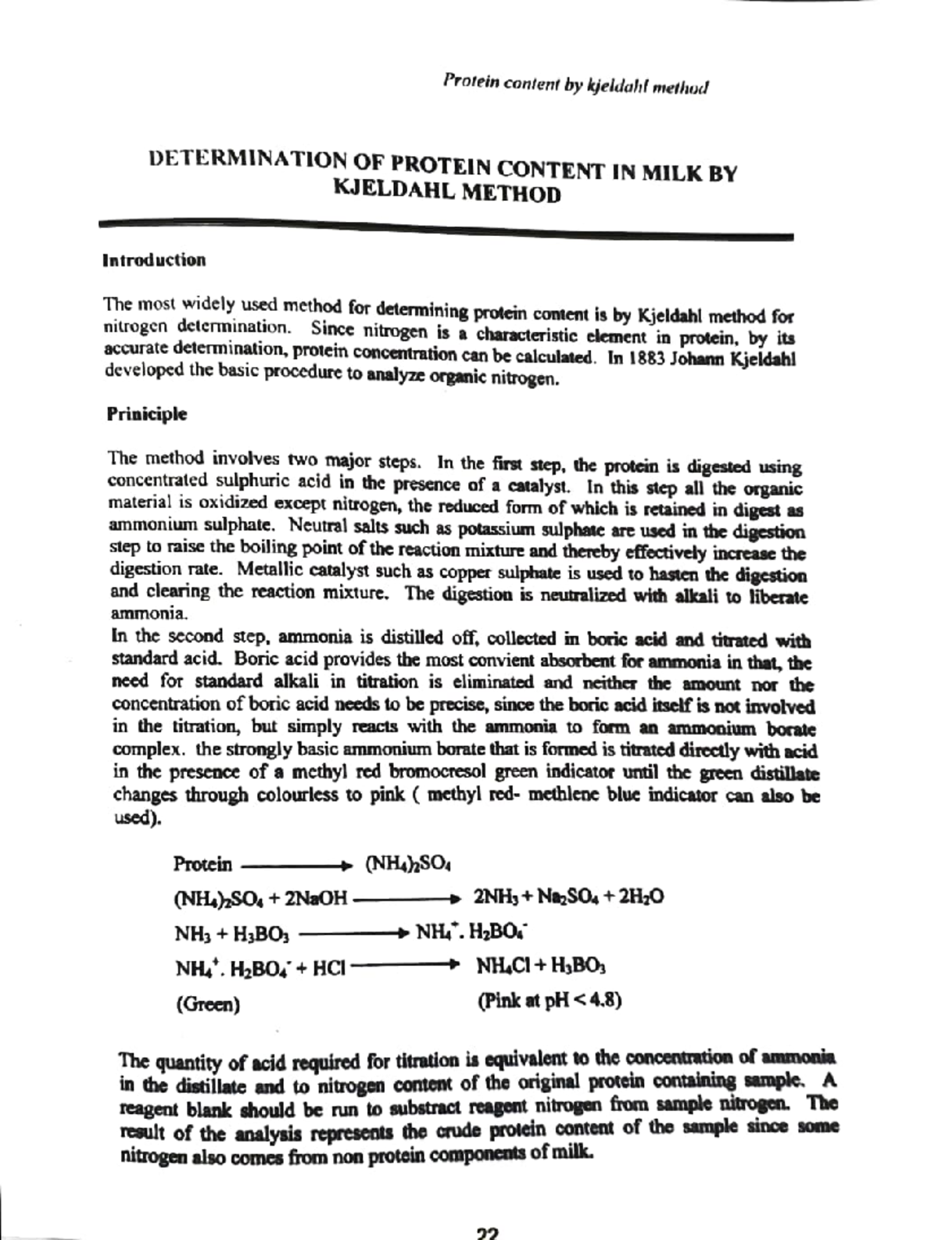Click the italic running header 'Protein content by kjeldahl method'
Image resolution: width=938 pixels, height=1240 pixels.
click(575, 83)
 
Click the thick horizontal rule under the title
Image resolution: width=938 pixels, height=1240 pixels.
click(446, 228)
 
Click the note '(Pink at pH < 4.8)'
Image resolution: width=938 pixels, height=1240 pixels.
click(549, 1001)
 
